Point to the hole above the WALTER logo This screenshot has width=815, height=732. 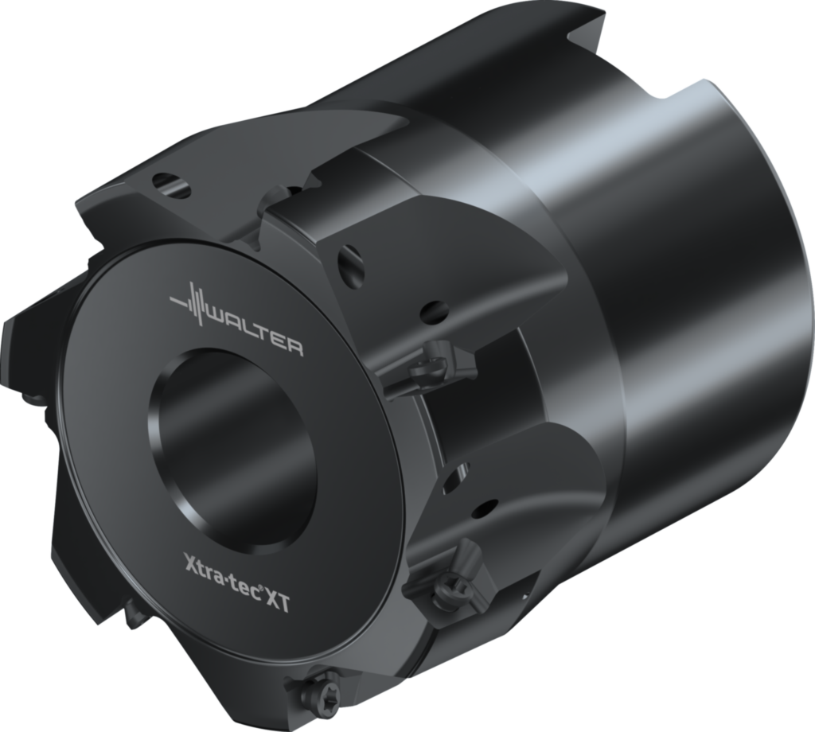click(x=171, y=184)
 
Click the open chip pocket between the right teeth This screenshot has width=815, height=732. click(x=478, y=414)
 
